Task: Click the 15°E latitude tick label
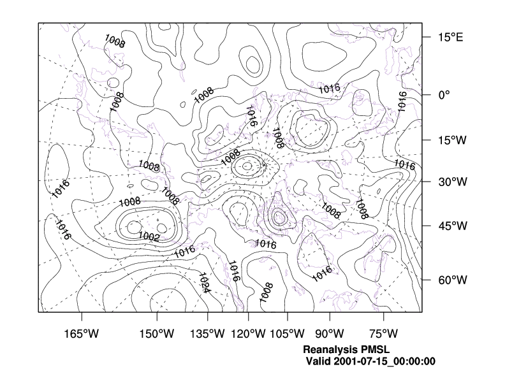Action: click(x=450, y=37)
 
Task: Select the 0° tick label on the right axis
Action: click(x=444, y=94)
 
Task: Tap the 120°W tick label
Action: click(x=248, y=333)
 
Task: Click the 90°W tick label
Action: click(x=330, y=333)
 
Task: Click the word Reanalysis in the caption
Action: click(x=329, y=350)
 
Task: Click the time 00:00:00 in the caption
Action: click(x=416, y=361)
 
